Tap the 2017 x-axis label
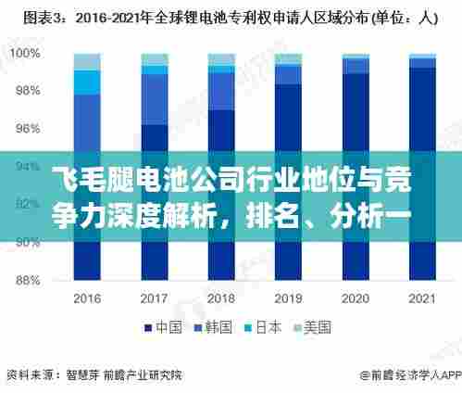(155, 299)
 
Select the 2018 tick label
(221, 299)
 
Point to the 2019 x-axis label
(288, 299)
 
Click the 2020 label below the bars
(356, 299)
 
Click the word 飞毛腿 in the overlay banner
(82, 175)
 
